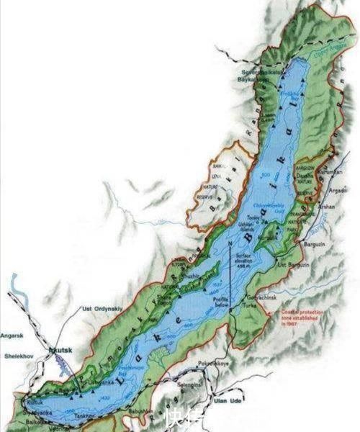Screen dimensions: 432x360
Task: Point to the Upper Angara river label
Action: (323, 53)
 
